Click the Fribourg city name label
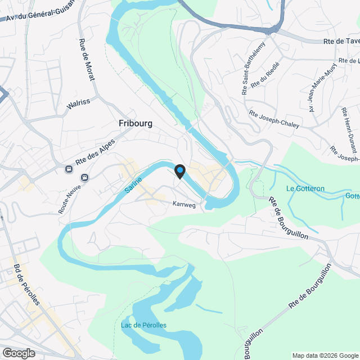pyautogui.click(x=136, y=123)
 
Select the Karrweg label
pyautogui.click(x=184, y=205)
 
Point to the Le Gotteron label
pyautogui.click(x=305, y=188)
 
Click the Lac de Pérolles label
pyautogui.click(x=143, y=325)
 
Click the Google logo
pyautogui.click(x=18, y=353)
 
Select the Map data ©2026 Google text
pyautogui.click(x=325, y=355)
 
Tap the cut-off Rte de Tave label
pyautogui.click(x=341, y=41)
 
